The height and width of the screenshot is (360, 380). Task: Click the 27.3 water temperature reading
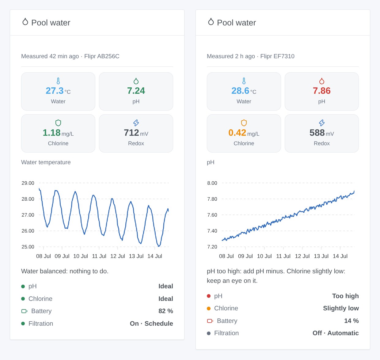[55, 91]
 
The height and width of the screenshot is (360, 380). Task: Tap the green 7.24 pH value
[136, 91]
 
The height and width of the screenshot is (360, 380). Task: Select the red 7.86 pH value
[322, 91]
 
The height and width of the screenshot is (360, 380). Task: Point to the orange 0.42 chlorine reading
[237, 133]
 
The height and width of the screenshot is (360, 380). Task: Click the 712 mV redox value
[131, 133]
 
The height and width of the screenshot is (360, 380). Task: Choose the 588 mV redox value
[317, 133]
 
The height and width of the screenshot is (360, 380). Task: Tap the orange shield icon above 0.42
[244, 123]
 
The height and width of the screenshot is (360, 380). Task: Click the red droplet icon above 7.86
[322, 81]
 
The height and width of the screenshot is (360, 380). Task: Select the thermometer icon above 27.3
[58, 81]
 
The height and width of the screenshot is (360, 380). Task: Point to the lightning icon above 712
[136, 123]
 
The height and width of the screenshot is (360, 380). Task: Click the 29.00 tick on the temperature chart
[28, 183]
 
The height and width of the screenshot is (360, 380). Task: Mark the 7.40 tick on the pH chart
[212, 231]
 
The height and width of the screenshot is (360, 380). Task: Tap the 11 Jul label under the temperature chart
[99, 256]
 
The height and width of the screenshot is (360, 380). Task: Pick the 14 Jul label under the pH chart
[340, 256]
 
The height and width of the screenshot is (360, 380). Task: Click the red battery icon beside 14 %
[210, 321]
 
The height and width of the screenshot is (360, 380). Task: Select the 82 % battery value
[166, 311]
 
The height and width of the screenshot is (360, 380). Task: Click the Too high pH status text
[345, 296]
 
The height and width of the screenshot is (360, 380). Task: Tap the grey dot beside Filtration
[209, 333]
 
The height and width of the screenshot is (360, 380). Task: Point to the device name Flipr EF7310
[277, 56]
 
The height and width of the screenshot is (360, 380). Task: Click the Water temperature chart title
[46, 162]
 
